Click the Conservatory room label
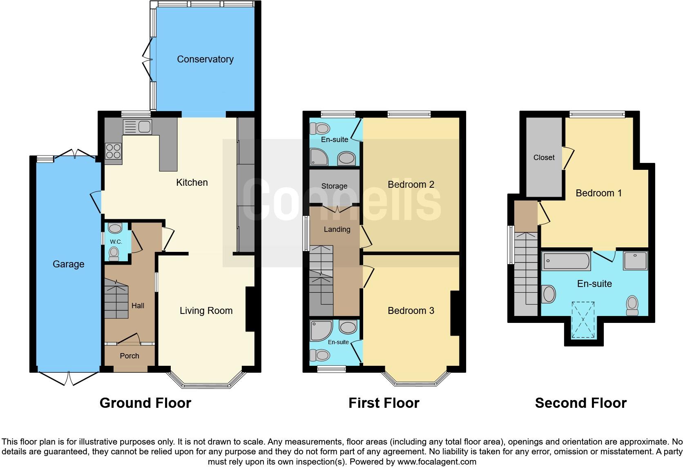pos(205,59)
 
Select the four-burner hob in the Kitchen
pos(113,152)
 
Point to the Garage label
pos(68,264)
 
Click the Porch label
pos(129,356)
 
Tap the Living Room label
pos(206,311)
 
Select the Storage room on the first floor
pos(334,186)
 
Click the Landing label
pos(337,229)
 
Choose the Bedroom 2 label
pos(411,185)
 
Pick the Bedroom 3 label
pos(411,311)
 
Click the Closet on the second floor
pos(544,157)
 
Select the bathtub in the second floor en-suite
pos(566,261)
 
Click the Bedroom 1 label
pos(598,193)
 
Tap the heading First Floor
pos(384,403)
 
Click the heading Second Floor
pos(580,403)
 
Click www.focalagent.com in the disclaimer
pos(437,462)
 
